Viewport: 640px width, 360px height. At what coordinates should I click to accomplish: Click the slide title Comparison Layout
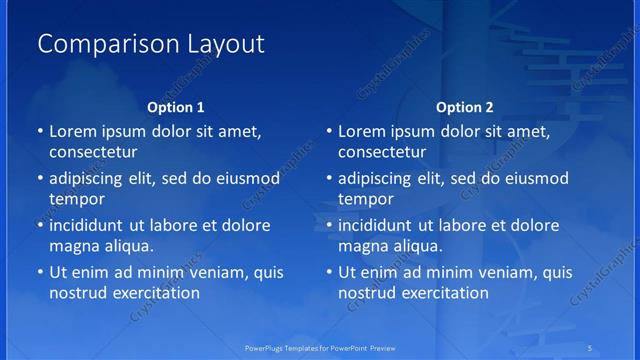click(x=151, y=44)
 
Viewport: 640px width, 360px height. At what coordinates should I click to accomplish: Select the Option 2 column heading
click(x=465, y=107)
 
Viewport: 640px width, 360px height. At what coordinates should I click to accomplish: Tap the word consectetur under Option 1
click(x=93, y=152)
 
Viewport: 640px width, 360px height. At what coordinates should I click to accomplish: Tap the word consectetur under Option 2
click(x=383, y=152)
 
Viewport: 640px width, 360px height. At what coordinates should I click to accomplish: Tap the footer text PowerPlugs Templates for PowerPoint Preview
click(x=319, y=349)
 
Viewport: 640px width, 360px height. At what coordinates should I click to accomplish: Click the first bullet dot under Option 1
click(x=39, y=132)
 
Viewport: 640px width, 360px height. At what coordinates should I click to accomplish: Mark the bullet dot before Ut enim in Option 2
click(x=329, y=272)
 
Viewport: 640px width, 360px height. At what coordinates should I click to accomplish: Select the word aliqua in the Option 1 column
click(x=126, y=245)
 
